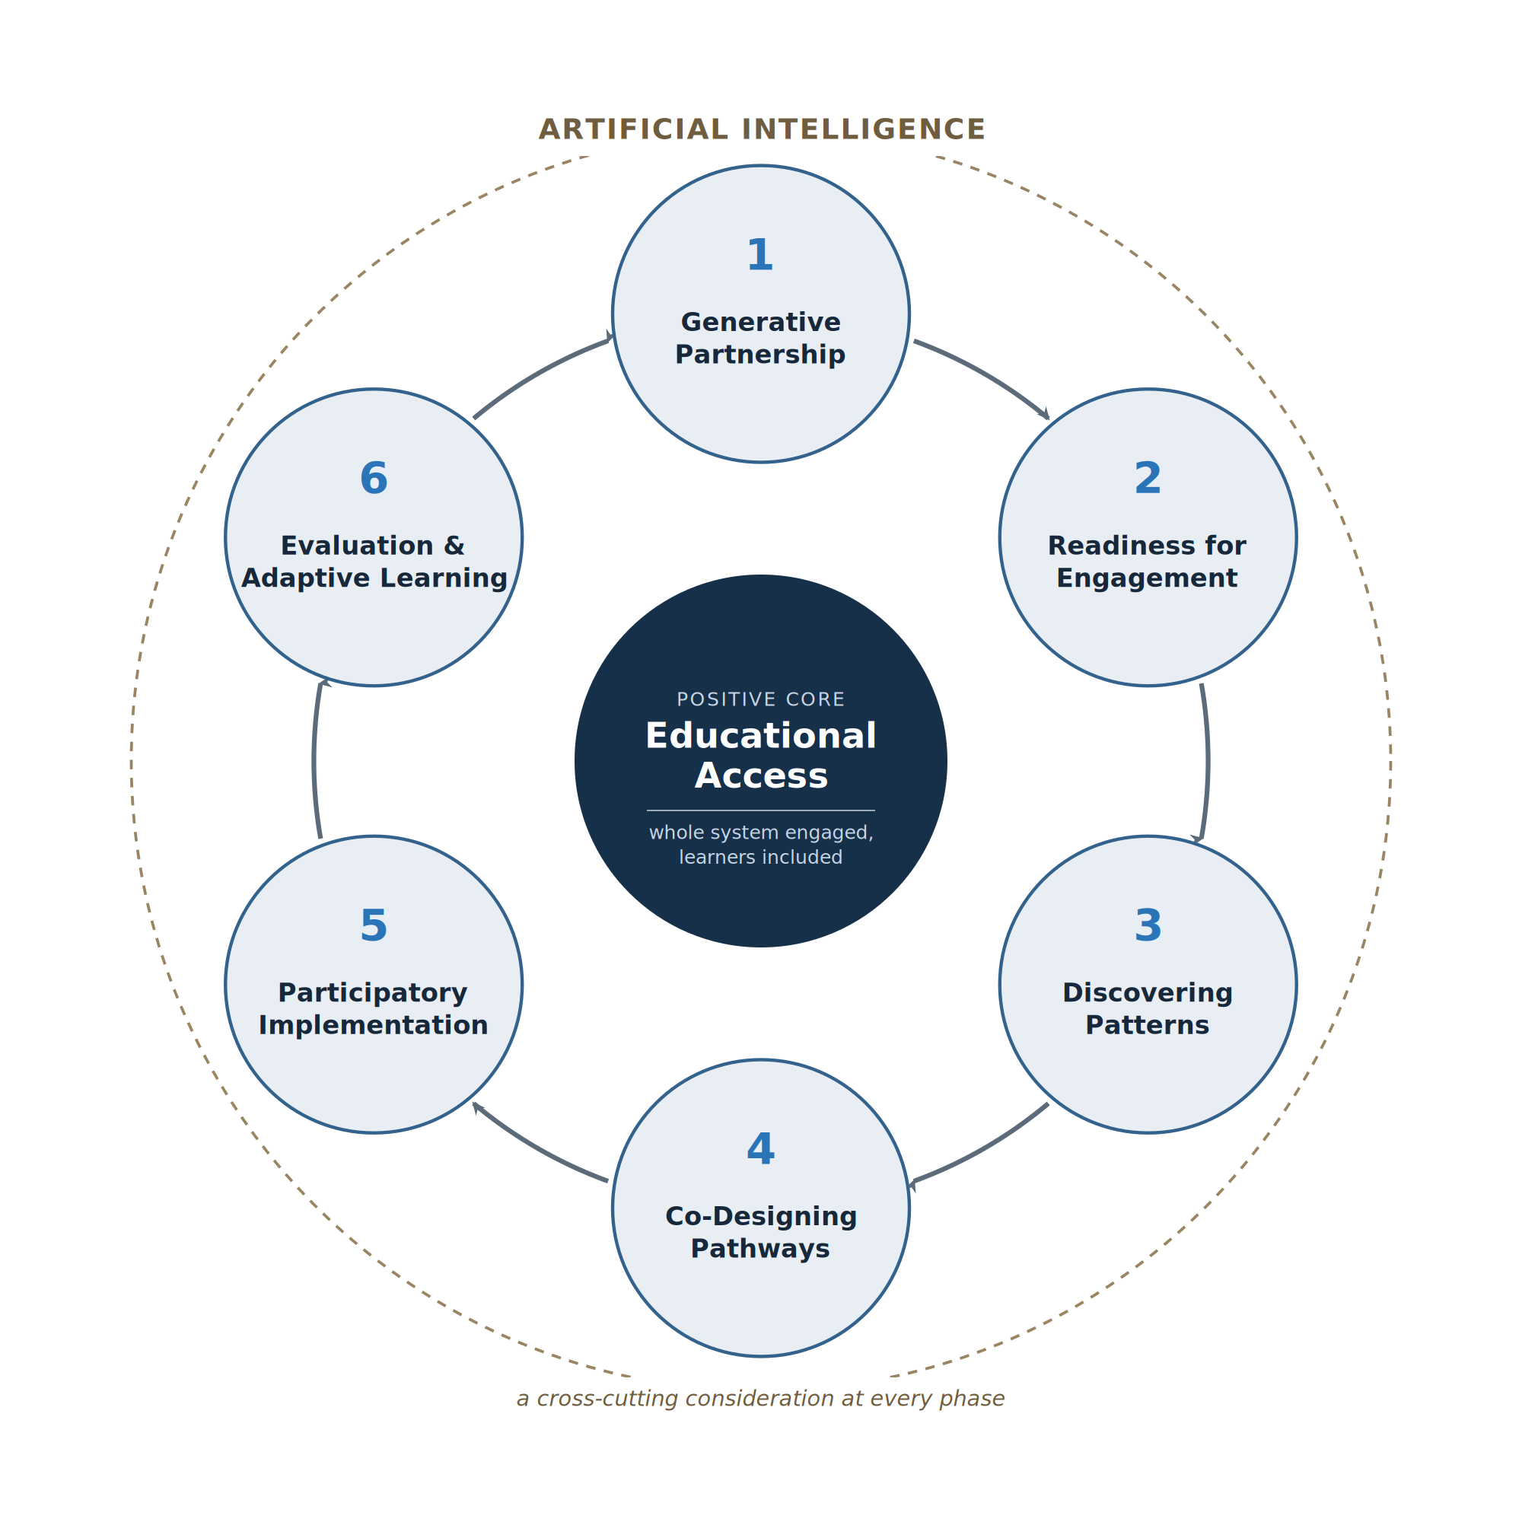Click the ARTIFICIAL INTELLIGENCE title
click(x=762, y=130)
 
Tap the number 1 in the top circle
click(x=760, y=255)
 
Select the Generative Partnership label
click(x=760, y=338)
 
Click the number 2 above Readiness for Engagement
click(x=1148, y=478)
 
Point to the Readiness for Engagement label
click(x=1147, y=562)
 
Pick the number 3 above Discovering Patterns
click(x=1148, y=925)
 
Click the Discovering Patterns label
click(x=1147, y=1009)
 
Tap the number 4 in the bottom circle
click(x=760, y=1149)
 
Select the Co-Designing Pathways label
click(x=760, y=1233)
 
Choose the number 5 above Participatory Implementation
click(x=374, y=925)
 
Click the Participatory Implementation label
click(x=374, y=1009)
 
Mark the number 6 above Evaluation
click(x=374, y=478)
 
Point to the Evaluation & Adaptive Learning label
click(x=374, y=562)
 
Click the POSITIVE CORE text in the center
click(x=761, y=699)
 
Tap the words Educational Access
click(x=761, y=756)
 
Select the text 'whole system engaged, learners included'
click(x=761, y=845)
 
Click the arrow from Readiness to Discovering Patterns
click(x=1207, y=763)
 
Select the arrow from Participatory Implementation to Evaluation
click(x=314, y=761)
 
